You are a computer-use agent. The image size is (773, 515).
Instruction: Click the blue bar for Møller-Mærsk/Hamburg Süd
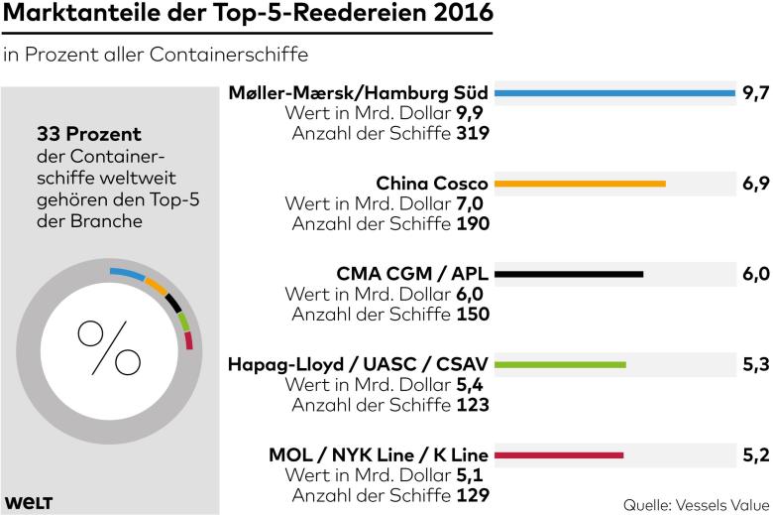(x=613, y=94)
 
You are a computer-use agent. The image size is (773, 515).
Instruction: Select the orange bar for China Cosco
(x=580, y=184)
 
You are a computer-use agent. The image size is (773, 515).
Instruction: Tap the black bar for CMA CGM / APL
(x=569, y=274)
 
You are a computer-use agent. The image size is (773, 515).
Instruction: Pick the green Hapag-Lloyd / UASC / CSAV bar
(x=560, y=364)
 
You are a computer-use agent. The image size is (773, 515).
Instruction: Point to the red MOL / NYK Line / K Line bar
(x=559, y=455)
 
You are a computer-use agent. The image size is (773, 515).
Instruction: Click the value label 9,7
(x=755, y=93)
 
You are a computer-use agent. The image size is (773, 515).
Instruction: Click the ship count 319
(x=473, y=131)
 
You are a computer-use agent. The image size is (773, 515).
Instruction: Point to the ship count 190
(x=473, y=222)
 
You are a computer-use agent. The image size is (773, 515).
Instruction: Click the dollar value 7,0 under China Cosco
(x=471, y=203)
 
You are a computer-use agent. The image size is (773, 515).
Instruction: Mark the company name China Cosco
(x=432, y=184)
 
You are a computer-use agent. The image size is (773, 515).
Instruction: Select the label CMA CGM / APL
(x=412, y=274)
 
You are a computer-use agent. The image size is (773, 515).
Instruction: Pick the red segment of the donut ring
(x=188, y=342)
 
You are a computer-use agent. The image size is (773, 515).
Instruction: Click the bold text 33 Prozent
(x=88, y=133)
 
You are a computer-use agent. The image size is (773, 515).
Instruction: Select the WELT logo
(x=28, y=502)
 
